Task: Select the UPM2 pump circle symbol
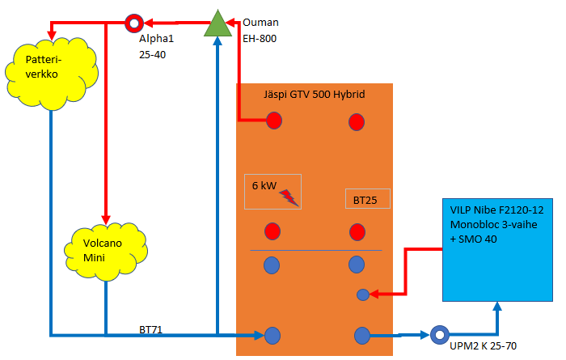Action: pyautogui.click(x=439, y=334)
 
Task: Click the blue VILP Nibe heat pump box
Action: pyautogui.click(x=496, y=249)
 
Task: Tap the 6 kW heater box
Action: pyautogui.click(x=273, y=191)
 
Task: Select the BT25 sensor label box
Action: pyautogui.click(x=367, y=198)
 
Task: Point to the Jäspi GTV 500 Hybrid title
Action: pyautogui.click(x=315, y=95)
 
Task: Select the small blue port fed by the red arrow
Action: pyautogui.click(x=363, y=295)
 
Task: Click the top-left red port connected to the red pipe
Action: pyautogui.click(x=274, y=121)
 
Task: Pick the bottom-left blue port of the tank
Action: pyautogui.click(x=273, y=334)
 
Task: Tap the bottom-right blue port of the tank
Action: pyautogui.click(x=361, y=334)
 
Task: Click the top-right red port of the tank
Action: pyautogui.click(x=356, y=122)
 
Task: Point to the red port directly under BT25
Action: pyautogui.click(x=356, y=232)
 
